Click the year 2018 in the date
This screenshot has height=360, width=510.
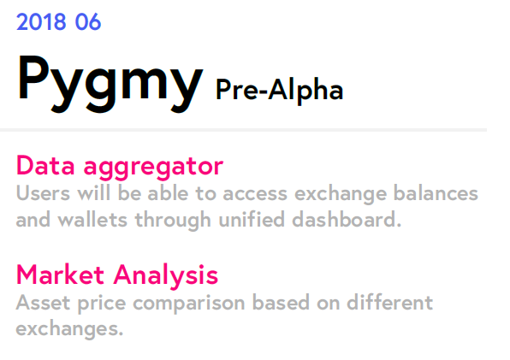pyautogui.click(x=41, y=22)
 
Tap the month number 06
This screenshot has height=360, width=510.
pyautogui.click(x=88, y=22)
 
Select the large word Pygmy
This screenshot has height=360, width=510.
pyautogui.click(x=110, y=84)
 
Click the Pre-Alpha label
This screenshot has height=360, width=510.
pyautogui.click(x=279, y=91)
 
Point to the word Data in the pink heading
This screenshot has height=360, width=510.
pyautogui.click(x=45, y=166)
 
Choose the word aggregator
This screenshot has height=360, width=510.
pyautogui.click(x=153, y=168)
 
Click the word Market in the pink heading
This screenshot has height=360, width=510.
pyautogui.click(x=60, y=274)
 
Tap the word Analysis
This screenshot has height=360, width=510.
pyautogui.click(x=165, y=276)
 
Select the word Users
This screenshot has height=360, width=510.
pyautogui.click(x=43, y=193)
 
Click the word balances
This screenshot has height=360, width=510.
pyautogui.click(x=436, y=193)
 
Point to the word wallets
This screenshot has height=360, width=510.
pyautogui.click(x=92, y=219)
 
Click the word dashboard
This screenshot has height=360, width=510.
pyautogui.click(x=347, y=219)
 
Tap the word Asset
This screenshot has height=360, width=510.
pyautogui.click(x=43, y=303)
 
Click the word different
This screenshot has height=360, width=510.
pyautogui.click(x=389, y=303)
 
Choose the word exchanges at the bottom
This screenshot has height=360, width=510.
pyautogui.click(x=69, y=329)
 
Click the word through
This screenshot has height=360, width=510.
pyautogui.click(x=173, y=221)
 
